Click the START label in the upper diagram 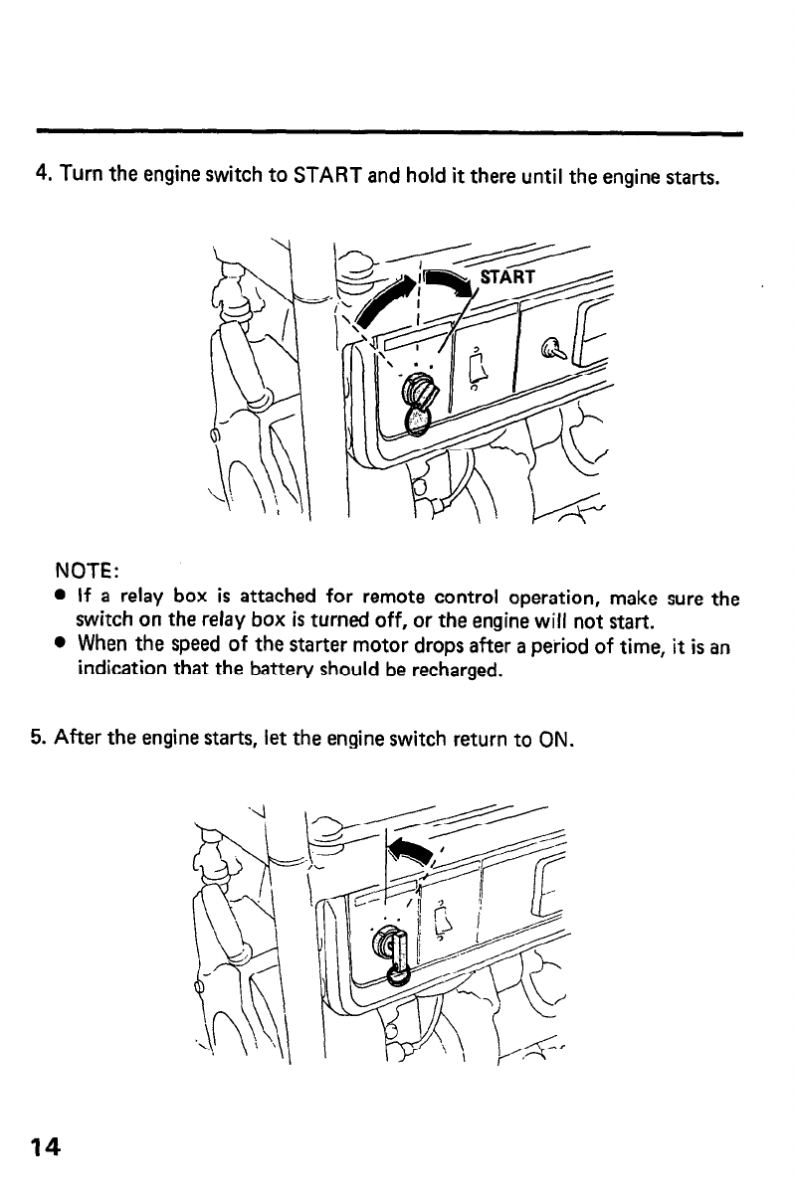(x=507, y=276)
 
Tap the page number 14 (x=45, y=1147)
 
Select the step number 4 (x=43, y=177)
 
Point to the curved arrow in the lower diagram (x=411, y=848)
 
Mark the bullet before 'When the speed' (x=62, y=644)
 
